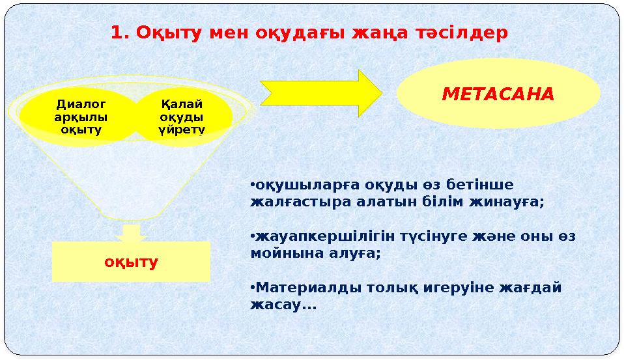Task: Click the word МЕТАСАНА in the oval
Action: pos(498,94)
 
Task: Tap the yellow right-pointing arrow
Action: pos(320,93)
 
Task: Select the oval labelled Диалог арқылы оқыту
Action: pos(81,117)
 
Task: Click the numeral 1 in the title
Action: pos(117,33)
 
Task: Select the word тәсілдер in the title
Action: pos(466,33)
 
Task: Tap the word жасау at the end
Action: pos(274,305)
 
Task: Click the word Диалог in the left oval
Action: pos(81,104)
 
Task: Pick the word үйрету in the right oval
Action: pos(182,130)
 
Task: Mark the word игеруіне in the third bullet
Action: pos(449,288)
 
